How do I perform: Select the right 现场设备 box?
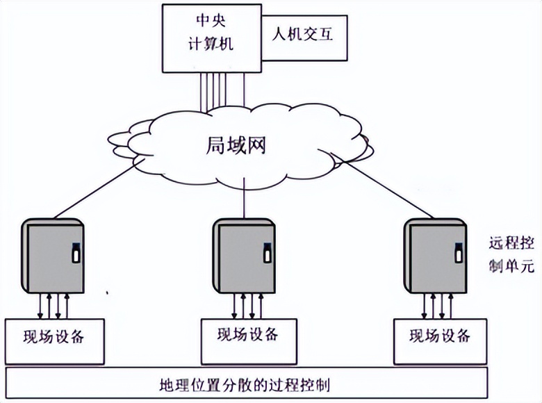[440, 336]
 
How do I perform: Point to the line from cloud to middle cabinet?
[244, 197]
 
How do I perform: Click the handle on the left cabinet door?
[76, 251]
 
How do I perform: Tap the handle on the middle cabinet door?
[266, 252]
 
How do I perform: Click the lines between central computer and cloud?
[222, 90]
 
